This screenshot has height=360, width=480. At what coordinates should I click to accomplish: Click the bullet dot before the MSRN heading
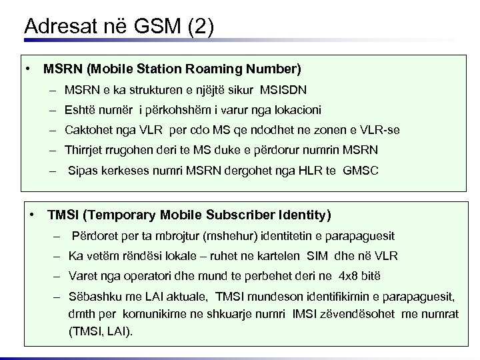coord(29,69)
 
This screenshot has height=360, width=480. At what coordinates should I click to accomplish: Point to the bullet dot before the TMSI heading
coord(33,215)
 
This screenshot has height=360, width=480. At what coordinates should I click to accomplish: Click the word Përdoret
coord(93,236)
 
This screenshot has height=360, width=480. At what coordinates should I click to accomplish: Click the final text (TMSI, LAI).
coord(101,329)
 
